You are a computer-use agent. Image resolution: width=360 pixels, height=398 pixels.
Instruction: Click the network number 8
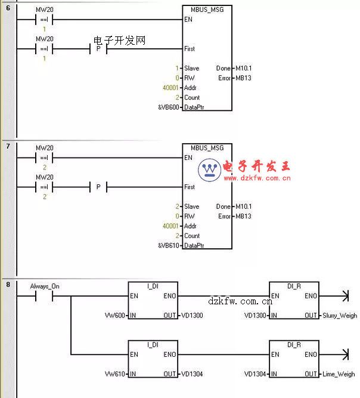pos(8,285)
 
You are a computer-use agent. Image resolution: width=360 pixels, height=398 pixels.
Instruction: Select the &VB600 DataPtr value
pos(167,107)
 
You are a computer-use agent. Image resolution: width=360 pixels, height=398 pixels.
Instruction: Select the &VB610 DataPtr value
pos(167,245)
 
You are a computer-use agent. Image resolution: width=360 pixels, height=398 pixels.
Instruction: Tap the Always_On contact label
pos(45,286)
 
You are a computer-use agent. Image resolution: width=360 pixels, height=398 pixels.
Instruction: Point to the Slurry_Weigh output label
pos(339,315)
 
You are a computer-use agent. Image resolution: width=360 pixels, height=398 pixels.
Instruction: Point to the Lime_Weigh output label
pos(338,374)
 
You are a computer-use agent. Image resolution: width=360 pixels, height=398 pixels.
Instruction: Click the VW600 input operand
pos(114,315)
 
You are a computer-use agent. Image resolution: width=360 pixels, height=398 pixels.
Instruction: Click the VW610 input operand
pos(114,374)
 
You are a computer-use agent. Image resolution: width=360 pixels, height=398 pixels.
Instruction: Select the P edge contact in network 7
pos(98,187)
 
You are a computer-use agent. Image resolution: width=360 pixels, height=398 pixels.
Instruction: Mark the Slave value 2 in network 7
pos(178,206)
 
